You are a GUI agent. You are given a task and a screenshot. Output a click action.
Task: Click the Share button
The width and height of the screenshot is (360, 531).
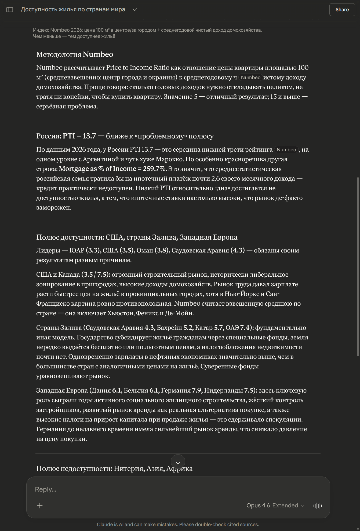tap(342, 10)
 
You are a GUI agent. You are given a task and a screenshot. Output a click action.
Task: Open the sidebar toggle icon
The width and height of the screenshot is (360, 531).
tap(10, 10)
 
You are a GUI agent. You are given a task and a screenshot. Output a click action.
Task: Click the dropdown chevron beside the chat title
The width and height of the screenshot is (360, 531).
tap(135, 10)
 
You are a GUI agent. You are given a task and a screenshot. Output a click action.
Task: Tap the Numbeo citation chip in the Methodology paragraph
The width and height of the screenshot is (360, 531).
tap(250, 78)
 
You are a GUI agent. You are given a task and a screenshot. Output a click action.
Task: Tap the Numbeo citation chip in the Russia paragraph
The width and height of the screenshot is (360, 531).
tap(286, 150)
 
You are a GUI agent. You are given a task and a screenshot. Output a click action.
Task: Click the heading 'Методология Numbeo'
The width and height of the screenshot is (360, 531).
tap(75, 54)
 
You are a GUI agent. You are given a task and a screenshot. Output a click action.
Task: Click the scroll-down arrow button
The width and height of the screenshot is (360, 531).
tap(178, 462)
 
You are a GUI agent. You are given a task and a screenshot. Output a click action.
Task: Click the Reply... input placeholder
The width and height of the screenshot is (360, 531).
tap(46, 489)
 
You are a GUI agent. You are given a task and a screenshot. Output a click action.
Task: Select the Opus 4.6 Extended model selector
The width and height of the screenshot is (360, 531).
tap(275, 506)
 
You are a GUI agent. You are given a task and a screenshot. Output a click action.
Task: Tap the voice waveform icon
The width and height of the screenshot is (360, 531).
tap(317, 506)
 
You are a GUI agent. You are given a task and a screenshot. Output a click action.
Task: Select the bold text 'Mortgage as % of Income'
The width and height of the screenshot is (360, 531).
tap(97, 169)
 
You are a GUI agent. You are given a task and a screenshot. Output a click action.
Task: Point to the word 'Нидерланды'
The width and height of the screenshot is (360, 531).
tap(223, 390)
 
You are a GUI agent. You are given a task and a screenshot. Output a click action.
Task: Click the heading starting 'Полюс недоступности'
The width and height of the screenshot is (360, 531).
tap(114, 468)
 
